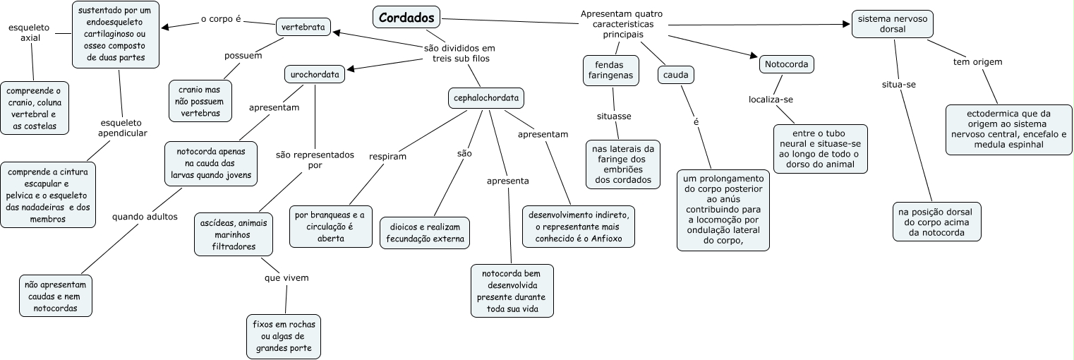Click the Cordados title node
pos(406,18)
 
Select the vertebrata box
pos(303,28)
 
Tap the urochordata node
pos(315,73)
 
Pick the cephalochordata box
pos(486,99)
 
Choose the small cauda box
pos(675,74)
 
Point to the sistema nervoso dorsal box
pos(893,24)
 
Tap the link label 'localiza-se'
pos(772,100)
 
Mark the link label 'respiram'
pos(388,156)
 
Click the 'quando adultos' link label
pos(145,217)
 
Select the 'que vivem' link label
pos(286,277)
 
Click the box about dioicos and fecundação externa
pos(424,233)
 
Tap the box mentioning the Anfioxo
pos(579,226)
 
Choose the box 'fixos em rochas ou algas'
pos(282,336)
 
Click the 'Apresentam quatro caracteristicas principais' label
pos(622,24)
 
